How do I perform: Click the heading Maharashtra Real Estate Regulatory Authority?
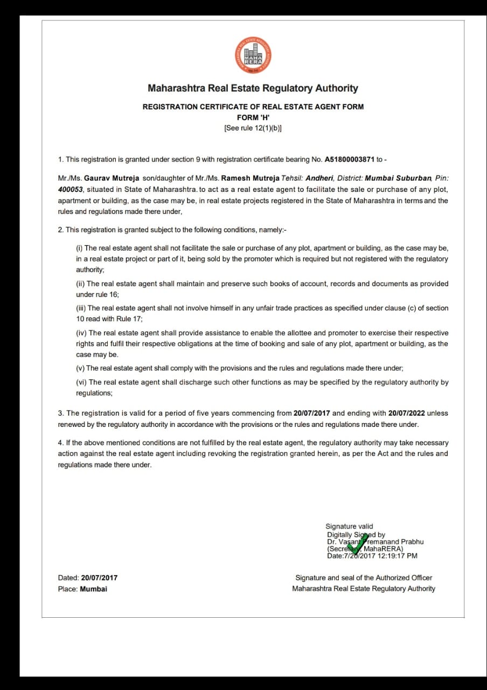pos(253,88)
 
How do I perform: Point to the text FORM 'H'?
pos(253,118)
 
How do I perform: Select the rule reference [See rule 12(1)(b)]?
pos(253,128)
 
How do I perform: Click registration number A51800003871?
pos(350,160)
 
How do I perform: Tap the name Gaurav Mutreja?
pos(112,178)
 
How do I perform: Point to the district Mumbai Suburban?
pos(398,178)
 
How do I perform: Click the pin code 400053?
pos(71,190)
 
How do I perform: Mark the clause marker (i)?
pos(79,248)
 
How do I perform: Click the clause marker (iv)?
pos(81,333)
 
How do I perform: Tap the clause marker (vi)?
pos(81,382)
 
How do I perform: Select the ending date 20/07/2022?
pos(404,413)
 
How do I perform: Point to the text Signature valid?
pos(349,526)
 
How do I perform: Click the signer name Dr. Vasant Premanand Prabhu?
pos(375,542)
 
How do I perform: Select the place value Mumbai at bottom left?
pos(93,589)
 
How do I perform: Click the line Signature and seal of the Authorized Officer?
pos(364,578)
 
